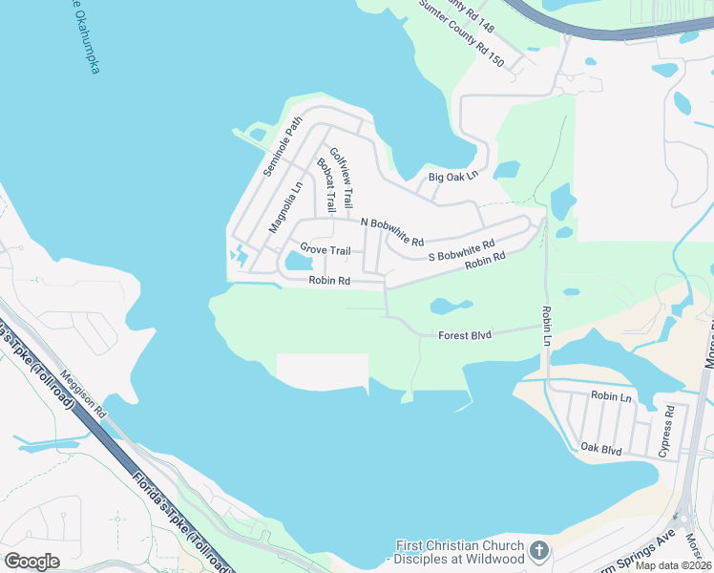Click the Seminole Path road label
point(282,147)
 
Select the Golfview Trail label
point(342,179)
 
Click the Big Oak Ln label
point(451,178)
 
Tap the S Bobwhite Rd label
point(461,251)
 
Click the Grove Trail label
point(325,249)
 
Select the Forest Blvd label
point(464,335)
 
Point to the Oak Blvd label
point(601,447)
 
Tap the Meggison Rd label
point(84,395)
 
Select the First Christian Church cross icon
point(539,551)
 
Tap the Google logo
point(32,562)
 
